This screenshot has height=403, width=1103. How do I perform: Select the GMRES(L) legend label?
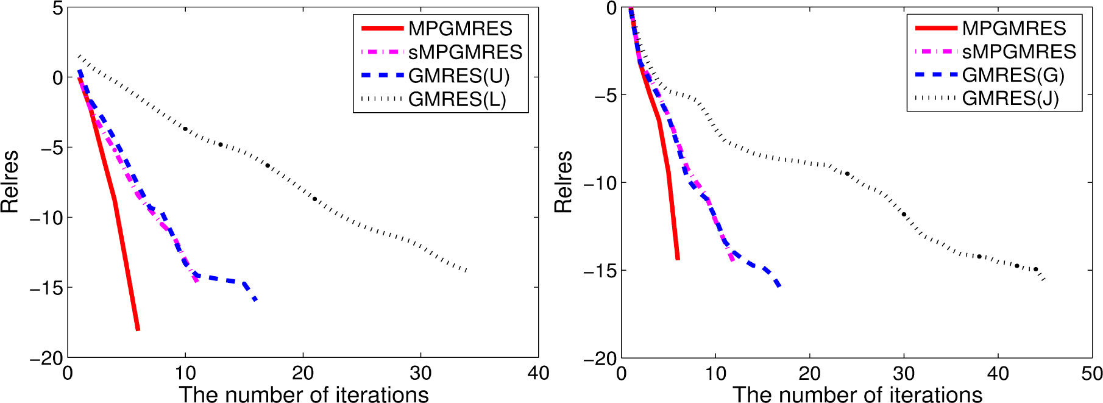[457, 99]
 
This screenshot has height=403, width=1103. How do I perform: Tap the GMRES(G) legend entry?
[1013, 75]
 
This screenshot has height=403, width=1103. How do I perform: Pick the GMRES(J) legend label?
[1010, 98]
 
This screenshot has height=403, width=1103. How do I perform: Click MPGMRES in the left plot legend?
[460, 29]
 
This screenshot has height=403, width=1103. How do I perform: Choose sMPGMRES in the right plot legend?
[1019, 51]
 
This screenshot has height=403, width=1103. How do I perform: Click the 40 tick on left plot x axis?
[538, 373]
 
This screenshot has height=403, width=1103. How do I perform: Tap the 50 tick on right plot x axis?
[1091, 373]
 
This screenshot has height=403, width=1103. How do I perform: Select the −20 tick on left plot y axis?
[46, 358]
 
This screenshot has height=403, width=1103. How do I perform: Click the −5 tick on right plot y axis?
[600, 96]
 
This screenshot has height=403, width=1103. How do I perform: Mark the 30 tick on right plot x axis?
[904, 373]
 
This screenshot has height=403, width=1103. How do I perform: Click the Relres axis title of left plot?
[10, 182]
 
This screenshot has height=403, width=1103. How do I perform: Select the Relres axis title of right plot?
[564, 182]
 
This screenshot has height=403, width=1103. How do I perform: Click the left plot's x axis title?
[303, 394]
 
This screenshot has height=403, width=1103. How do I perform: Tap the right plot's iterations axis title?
[857, 394]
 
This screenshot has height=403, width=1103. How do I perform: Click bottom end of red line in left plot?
[138, 329]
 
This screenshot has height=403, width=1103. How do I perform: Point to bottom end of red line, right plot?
[678, 259]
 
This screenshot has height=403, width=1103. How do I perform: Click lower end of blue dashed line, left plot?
[256, 300]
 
